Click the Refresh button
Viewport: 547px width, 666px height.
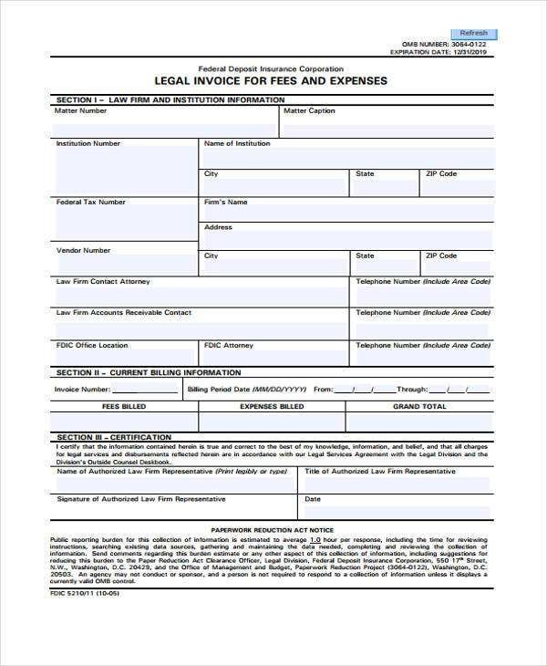pos(474,33)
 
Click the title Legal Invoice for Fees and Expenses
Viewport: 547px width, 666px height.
pos(271,81)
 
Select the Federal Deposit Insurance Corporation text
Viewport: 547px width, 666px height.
pos(271,68)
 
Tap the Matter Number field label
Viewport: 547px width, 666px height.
pos(80,111)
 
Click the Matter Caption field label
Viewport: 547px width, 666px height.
pos(309,111)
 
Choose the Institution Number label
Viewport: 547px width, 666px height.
pos(88,143)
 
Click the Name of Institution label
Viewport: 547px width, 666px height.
pos(237,143)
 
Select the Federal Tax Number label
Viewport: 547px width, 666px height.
pos(91,202)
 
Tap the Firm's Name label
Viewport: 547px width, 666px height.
pos(225,202)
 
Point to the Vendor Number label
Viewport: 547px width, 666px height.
pos(83,250)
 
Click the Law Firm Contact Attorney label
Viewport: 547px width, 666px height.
pos(103,282)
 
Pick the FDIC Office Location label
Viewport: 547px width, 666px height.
pos(92,346)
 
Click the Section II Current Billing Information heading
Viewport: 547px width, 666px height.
pos(149,372)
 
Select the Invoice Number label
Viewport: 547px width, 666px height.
pos(82,389)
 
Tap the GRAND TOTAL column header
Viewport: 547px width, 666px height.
pos(419,406)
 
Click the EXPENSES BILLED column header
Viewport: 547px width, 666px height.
pos(272,406)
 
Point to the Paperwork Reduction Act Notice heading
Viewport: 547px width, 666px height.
pos(273,530)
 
